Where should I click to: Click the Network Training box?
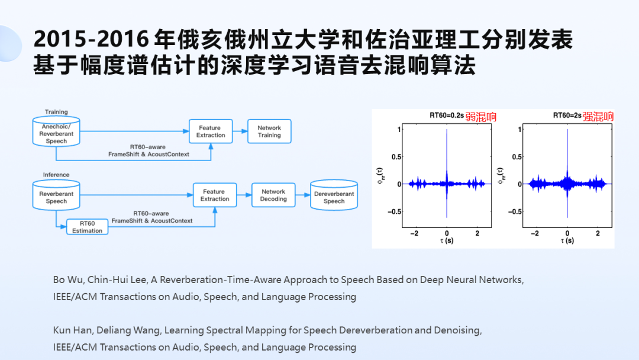point(269,131)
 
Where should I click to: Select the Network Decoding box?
point(273,195)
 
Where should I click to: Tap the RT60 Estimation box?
point(88,227)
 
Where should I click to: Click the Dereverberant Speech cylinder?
point(334,195)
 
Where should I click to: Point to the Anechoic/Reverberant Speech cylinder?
point(56,131)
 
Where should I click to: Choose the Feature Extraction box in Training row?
point(211,131)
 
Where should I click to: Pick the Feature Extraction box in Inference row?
point(215,195)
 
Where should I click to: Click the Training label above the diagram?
point(56,112)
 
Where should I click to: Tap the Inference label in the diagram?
point(56,175)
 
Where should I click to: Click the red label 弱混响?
point(480,117)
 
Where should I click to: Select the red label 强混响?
point(598,117)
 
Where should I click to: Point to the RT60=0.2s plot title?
point(447,116)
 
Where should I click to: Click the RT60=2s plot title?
point(567,116)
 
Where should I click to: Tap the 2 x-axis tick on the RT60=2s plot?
point(598,234)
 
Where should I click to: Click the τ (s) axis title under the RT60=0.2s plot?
point(447,242)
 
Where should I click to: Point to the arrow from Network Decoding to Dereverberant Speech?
point(302,195)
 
